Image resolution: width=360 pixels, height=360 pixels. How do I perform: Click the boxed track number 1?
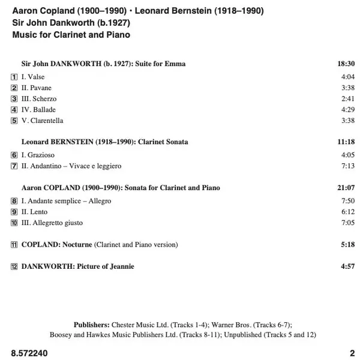point(14,77)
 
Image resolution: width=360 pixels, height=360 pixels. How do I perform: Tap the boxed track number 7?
point(14,166)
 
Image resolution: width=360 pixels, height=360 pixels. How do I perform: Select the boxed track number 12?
point(14,266)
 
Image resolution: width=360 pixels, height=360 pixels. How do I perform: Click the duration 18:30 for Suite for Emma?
point(346,64)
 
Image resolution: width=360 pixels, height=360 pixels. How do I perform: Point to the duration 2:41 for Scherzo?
point(348,99)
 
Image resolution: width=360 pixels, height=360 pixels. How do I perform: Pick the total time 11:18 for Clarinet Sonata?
point(346,142)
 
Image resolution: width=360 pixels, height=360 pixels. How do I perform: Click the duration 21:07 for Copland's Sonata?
point(346,188)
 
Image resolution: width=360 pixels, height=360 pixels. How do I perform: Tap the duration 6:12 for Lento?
point(348,212)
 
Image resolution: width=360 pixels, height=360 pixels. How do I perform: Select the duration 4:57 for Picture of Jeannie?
point(348,266)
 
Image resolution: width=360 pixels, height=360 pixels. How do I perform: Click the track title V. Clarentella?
point(42,121)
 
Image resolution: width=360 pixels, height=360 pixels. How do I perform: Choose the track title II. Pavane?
point(37,88)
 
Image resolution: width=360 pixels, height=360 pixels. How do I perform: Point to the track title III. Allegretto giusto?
point(52,223)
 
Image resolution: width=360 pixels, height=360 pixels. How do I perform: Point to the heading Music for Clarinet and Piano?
point(71,35)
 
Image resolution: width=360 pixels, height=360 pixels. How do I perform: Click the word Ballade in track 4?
point(44,110)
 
